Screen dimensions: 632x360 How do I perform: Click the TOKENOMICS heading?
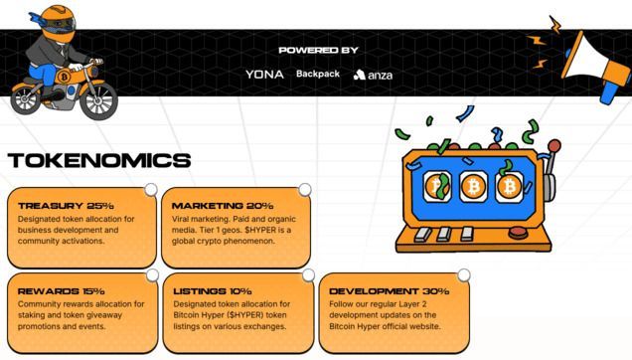(99, 160)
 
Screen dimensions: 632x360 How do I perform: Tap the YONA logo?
(264, 75)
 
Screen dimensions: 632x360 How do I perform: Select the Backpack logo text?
(318, 74)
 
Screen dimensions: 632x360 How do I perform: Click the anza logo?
(373, 75)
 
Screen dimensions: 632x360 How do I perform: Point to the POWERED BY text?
(318, 51)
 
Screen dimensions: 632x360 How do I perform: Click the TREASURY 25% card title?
(66, 206)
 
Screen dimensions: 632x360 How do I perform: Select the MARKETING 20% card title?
(223, 206)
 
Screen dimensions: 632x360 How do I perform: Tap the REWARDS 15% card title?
(61, 291)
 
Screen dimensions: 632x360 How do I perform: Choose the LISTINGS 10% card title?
(213, 291)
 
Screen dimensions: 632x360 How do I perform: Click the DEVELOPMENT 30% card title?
(389, 291)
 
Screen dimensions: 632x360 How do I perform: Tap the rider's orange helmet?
(58, 23)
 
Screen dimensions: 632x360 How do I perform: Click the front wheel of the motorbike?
(98, 100)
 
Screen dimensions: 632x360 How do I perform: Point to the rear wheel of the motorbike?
(26, 98)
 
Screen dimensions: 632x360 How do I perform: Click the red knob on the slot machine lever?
(554, 145)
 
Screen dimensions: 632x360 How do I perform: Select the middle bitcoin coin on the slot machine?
(474, 186)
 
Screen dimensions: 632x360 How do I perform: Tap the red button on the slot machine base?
(519, 233)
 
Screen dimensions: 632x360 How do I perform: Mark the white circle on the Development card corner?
(464, 275)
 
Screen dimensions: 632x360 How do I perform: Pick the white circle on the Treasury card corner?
(151, 190)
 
